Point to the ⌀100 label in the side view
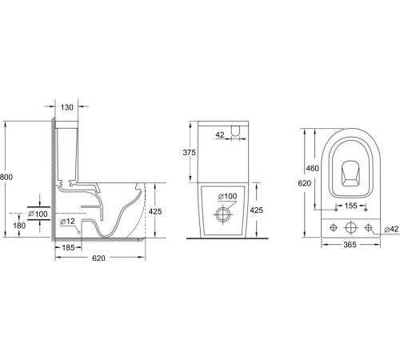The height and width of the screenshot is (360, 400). coord(38,214)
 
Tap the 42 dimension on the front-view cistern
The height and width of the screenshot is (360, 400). coord(220,136)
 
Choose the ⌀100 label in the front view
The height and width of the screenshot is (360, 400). coord(229,196)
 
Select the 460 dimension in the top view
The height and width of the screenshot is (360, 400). coord(314,170)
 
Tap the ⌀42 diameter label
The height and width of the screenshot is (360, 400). coord(390,229)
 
